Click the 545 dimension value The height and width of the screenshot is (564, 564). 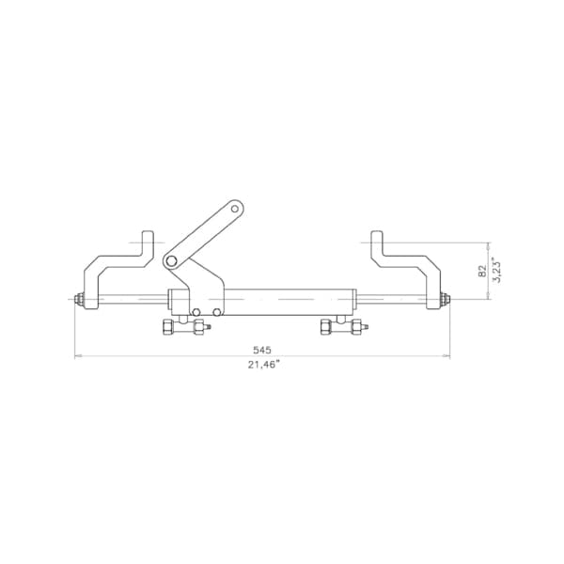coord(262,350)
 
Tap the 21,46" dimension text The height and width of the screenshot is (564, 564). coord(263,365)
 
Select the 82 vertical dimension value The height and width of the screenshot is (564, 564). coord(482,271)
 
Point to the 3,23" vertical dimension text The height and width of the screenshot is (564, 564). coord(495,270)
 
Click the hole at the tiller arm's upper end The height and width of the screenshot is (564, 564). coord(235,209)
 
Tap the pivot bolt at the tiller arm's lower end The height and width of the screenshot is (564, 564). coord(172,262)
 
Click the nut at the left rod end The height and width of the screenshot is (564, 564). coord(79,299)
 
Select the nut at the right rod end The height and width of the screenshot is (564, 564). coord(446,299)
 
